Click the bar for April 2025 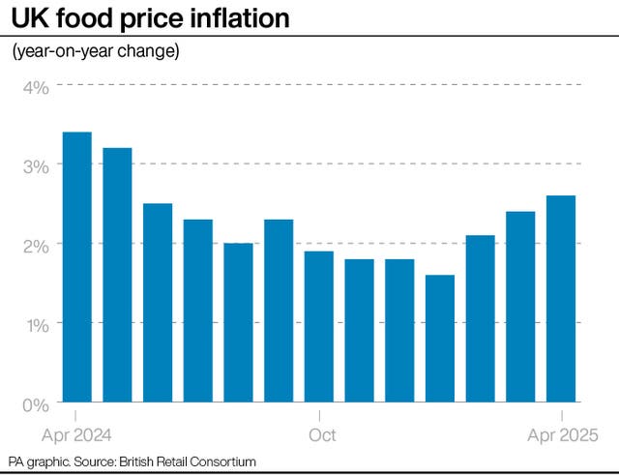(x=561, y=299)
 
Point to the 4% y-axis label (x=36, y=87)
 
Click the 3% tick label (x=36, y=165)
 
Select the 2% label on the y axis (x=36, y=245)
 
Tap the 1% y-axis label (x=37, y=324)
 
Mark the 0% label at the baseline (x=36, y=403)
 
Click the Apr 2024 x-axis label (x=76, y=434)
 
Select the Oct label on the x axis (x=322, y=434)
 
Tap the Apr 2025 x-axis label (x=564, y=434)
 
